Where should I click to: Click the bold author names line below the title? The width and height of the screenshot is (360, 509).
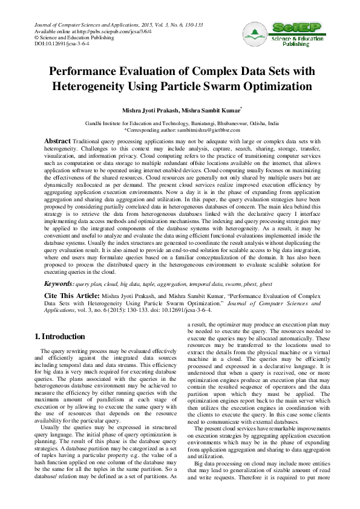180,111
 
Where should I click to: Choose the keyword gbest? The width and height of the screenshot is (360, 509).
271,283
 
